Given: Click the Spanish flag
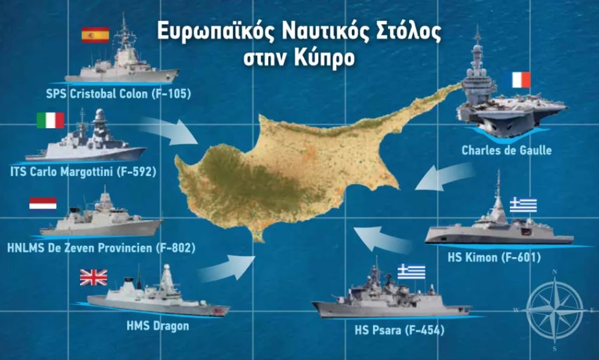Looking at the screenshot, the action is point(95,35).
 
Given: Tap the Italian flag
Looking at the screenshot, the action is point(50,121).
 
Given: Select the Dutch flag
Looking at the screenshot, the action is point(43,203).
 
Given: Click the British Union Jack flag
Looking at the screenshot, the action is point(93,277).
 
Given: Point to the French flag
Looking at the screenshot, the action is point(520,80).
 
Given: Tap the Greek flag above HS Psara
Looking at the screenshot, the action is point(411,272).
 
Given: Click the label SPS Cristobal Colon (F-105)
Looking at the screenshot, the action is point(119,94).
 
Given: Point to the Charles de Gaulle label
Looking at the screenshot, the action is point(506,152).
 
